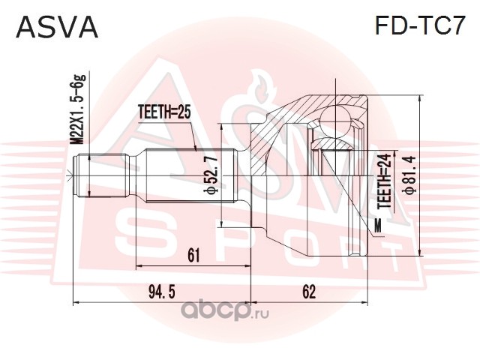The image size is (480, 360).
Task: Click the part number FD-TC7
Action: click(x=418, y=27)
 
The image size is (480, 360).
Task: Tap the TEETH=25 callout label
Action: click(x=165, y=112)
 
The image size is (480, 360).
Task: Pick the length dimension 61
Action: click(x=193, y=256)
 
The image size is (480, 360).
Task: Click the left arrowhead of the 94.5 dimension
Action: click(x=76, y=302)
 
